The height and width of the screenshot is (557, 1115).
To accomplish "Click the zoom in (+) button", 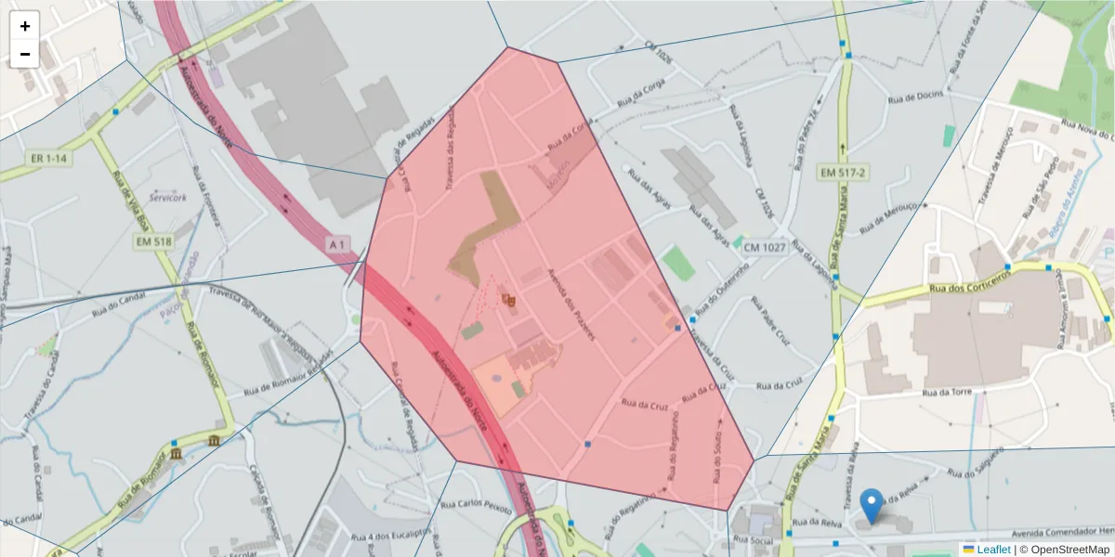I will pyautogui.click(x=25, y=26).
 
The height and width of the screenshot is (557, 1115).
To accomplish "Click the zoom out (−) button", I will pyautogui.click(x=25, y=54).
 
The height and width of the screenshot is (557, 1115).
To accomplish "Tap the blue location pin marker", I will pyautogui.click(x=871, y=505).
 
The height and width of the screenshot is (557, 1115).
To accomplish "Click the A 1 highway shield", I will pyautogui.click(x=338, y=244).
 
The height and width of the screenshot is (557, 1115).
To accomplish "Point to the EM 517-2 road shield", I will pyautogui.click(x=843, y=173).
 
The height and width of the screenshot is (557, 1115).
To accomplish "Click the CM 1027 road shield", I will pyautogui.click(x=765, y=248).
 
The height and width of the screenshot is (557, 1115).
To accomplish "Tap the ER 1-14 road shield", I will pyautogui.click(x=50, y=159).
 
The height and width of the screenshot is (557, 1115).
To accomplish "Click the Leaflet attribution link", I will pyautogui.click(x=993, y=550).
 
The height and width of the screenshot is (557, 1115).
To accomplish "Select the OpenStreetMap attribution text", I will pyautogui.click(x=1070, y=550).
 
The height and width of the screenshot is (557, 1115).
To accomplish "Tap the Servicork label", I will pyautogui.click(x=167, y=198).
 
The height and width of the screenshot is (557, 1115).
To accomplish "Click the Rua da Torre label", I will pyautogui.click(x=947, y=393).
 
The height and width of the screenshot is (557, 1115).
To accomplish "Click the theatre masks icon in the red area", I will pyautogui.click(x=507, y=299).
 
